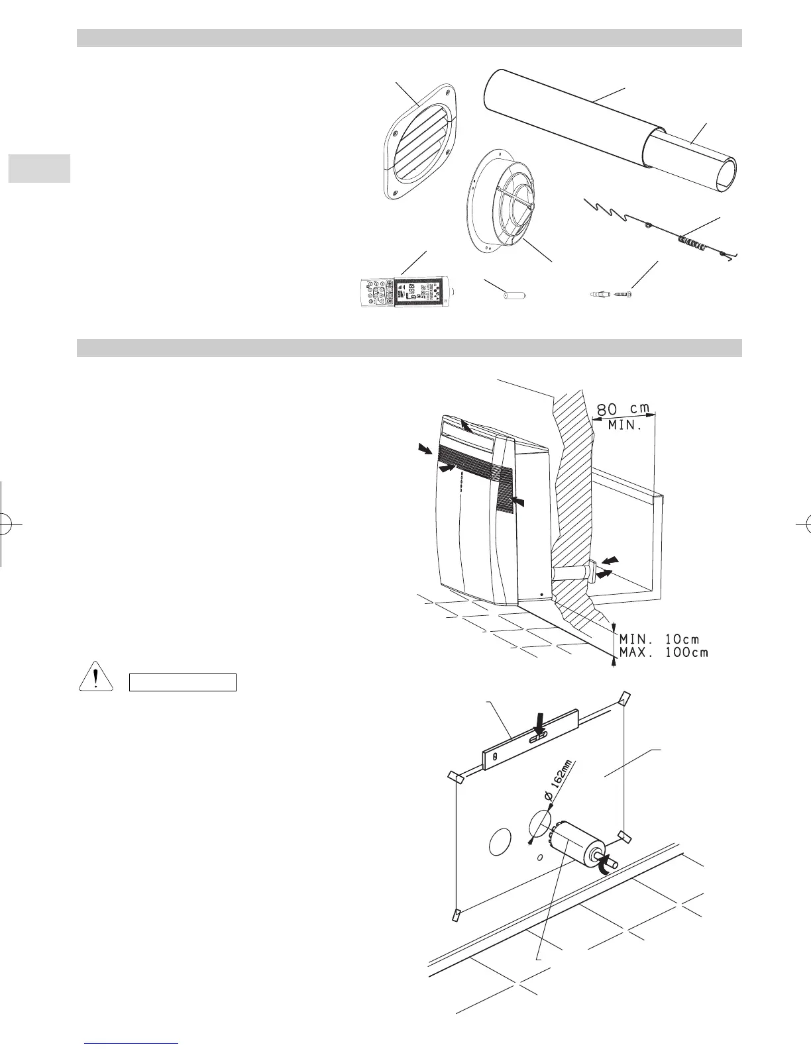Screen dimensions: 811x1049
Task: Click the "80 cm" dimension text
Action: [623, 406]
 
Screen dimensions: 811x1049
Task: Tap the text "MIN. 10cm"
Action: [659, 639]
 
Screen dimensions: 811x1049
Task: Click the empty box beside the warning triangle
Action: [182, 682]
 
